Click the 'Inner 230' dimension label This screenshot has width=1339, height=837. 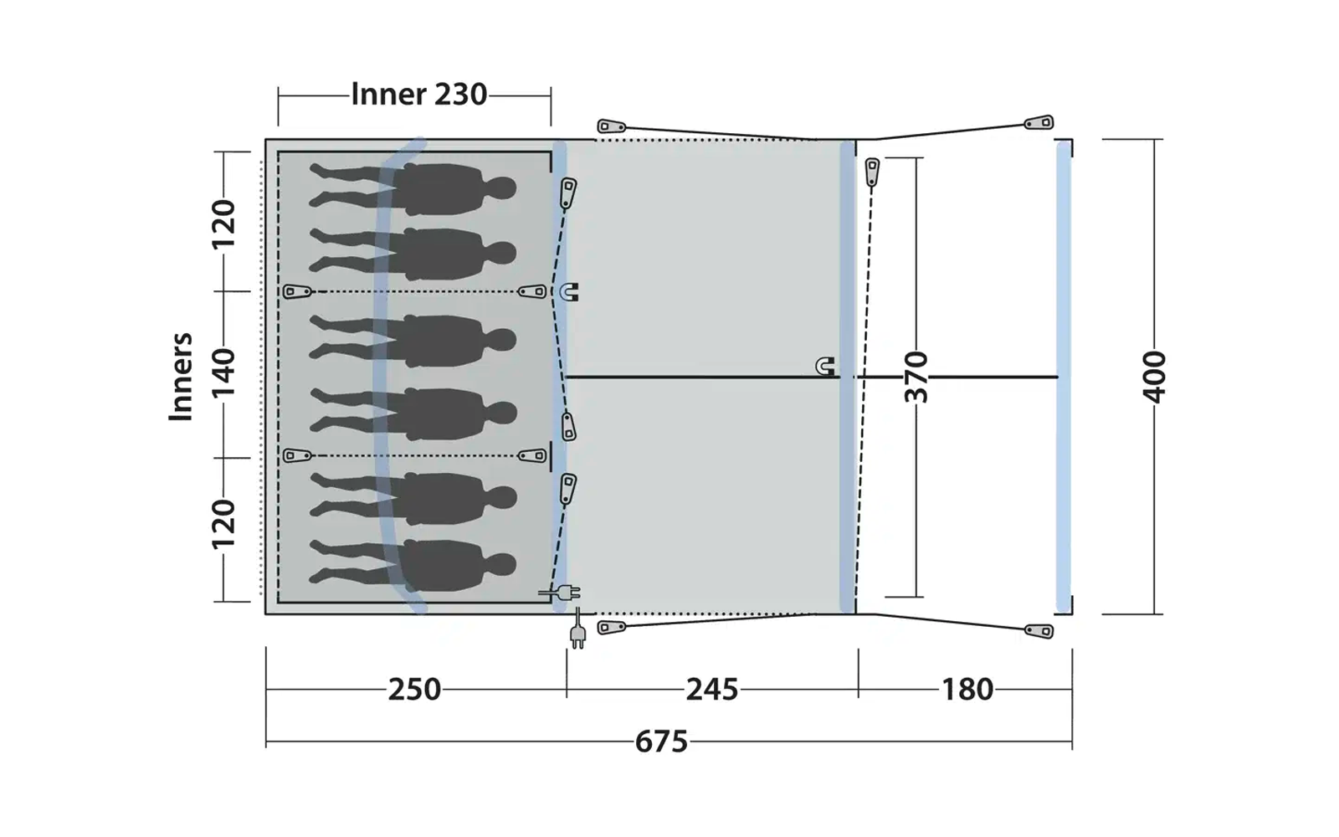419,95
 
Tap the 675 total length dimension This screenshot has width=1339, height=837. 661,742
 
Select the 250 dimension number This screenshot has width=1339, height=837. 414,690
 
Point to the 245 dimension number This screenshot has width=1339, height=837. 712,690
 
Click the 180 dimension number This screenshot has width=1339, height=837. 967,690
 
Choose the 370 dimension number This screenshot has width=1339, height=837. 916,377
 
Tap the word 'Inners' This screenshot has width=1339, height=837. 181,377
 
